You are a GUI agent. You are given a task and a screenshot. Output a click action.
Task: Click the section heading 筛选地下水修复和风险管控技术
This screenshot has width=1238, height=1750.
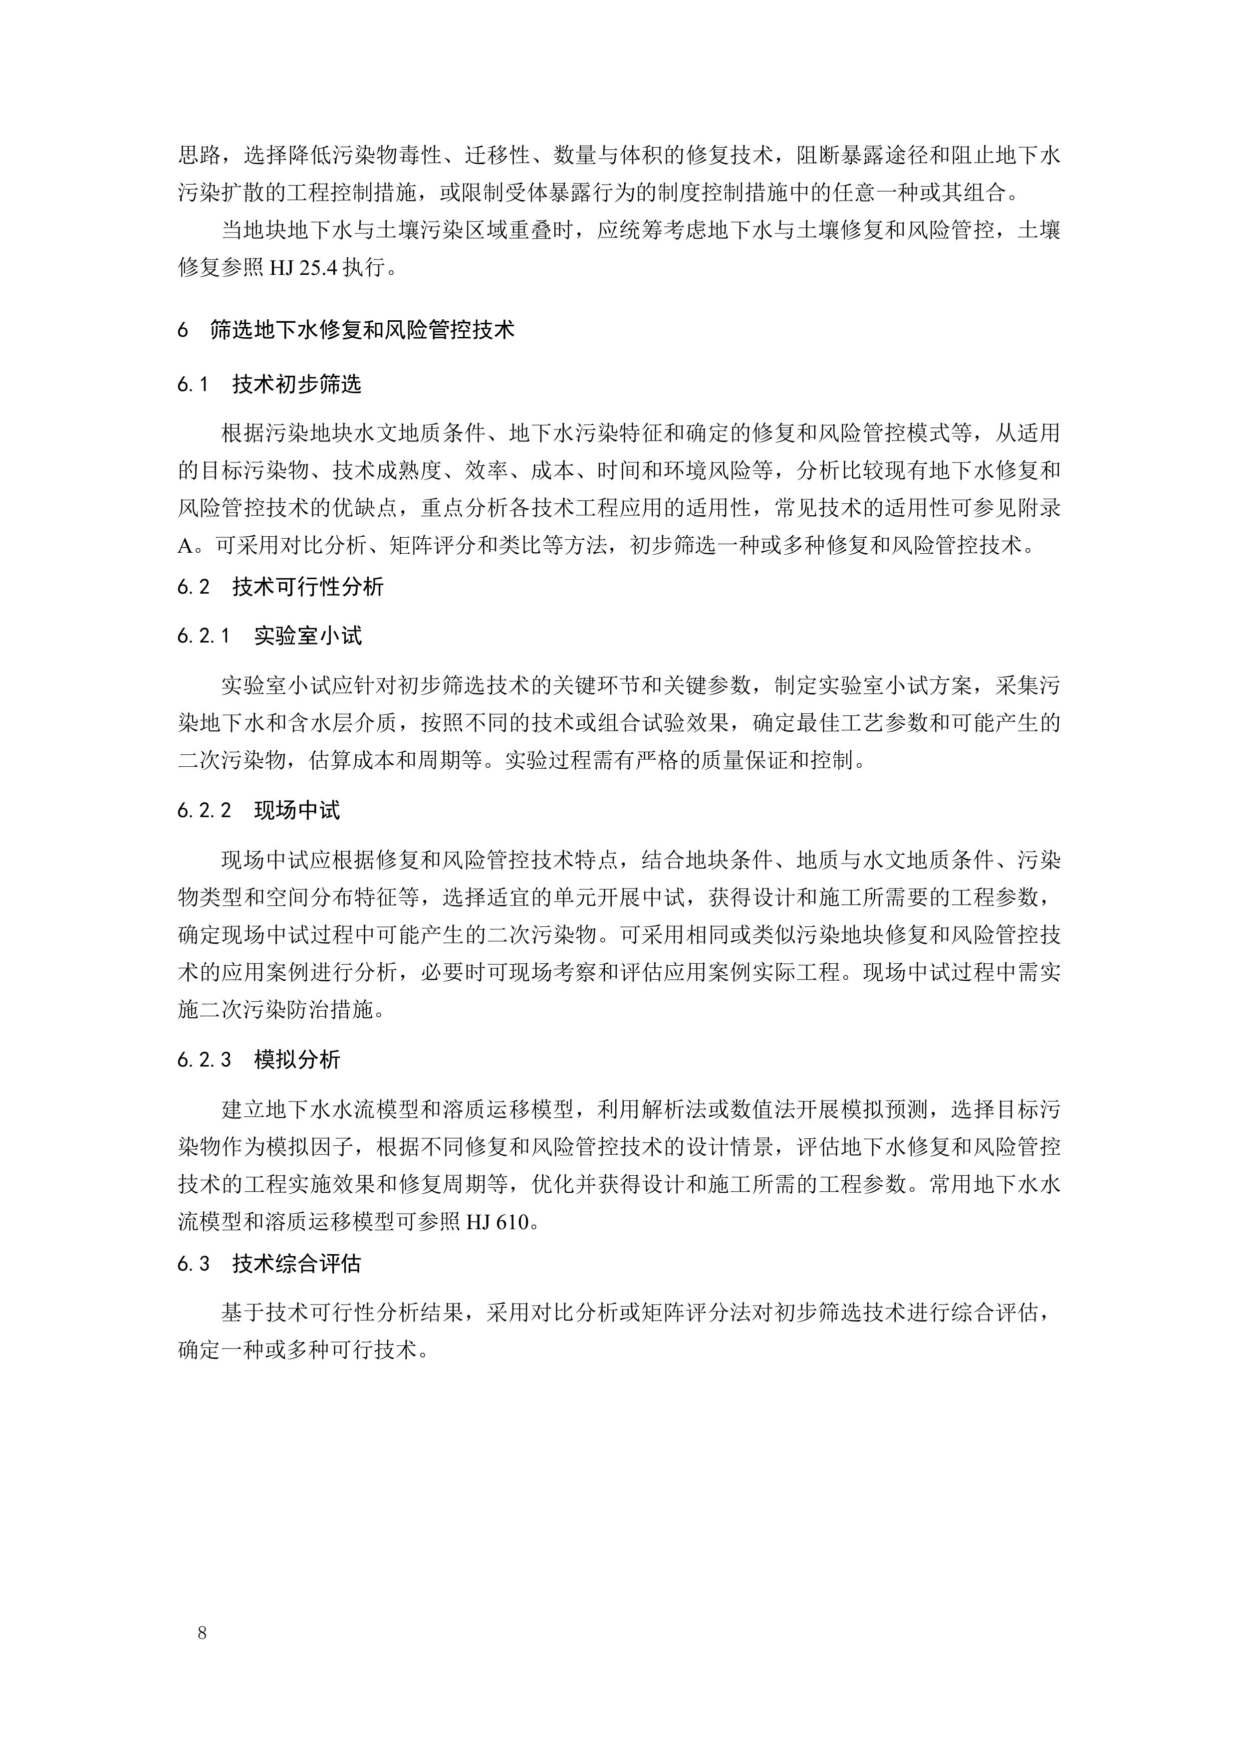point(362,330)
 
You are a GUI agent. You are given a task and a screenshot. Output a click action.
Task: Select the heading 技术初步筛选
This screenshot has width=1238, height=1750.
point(296,384)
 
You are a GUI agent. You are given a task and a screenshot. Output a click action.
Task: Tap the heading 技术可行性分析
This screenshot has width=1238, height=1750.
point(308,587)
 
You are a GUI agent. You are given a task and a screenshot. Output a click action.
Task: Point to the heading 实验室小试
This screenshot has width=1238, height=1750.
point(308,636)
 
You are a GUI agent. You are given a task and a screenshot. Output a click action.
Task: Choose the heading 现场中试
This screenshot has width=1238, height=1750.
point(297,810)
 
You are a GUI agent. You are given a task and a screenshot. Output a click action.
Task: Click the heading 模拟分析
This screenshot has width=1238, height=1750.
point(297,1060)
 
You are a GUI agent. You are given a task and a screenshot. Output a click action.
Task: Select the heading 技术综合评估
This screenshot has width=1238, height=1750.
point(296,1264)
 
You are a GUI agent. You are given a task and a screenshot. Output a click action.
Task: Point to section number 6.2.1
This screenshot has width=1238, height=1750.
point(204,636)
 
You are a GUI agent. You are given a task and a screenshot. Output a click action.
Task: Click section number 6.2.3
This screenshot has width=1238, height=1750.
point(204,1060)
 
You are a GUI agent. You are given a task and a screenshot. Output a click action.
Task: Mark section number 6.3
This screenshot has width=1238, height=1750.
point(194,1264)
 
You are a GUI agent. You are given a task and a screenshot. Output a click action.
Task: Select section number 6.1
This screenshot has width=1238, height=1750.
point(193,384)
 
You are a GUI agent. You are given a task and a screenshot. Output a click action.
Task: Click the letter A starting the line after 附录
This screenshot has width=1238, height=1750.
point(186,546)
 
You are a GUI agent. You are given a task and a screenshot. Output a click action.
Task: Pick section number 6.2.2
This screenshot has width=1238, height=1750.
point(204,810)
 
